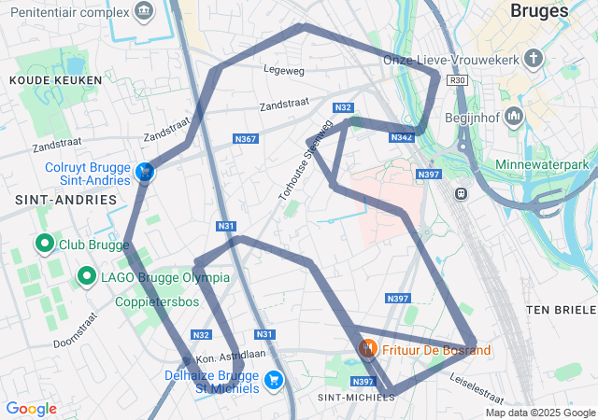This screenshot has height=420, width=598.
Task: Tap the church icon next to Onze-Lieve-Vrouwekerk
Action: [534, 60]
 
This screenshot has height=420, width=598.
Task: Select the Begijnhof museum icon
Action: [514, 118]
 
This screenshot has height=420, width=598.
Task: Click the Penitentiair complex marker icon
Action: [144, 12]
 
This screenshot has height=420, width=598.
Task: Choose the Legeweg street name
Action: [284, 69]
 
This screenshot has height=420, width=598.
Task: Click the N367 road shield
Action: [245, 139]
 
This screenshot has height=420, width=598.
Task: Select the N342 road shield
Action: [402, 138]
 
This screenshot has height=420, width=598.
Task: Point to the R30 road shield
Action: [457, 81]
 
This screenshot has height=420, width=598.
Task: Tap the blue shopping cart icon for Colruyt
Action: [145, 173]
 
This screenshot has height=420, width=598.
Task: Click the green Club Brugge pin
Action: [44, 245]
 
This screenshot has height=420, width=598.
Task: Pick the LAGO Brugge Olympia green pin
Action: [86, 276]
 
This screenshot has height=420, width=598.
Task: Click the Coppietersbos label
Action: [157, 302]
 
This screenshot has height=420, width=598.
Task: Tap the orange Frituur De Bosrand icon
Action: [368, 349]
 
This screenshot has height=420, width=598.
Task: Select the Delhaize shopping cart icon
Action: [274, 379]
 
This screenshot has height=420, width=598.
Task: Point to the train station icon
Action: [461, 193]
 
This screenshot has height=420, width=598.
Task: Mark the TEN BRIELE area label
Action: [560, 309]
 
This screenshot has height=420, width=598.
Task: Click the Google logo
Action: [31, 409]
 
